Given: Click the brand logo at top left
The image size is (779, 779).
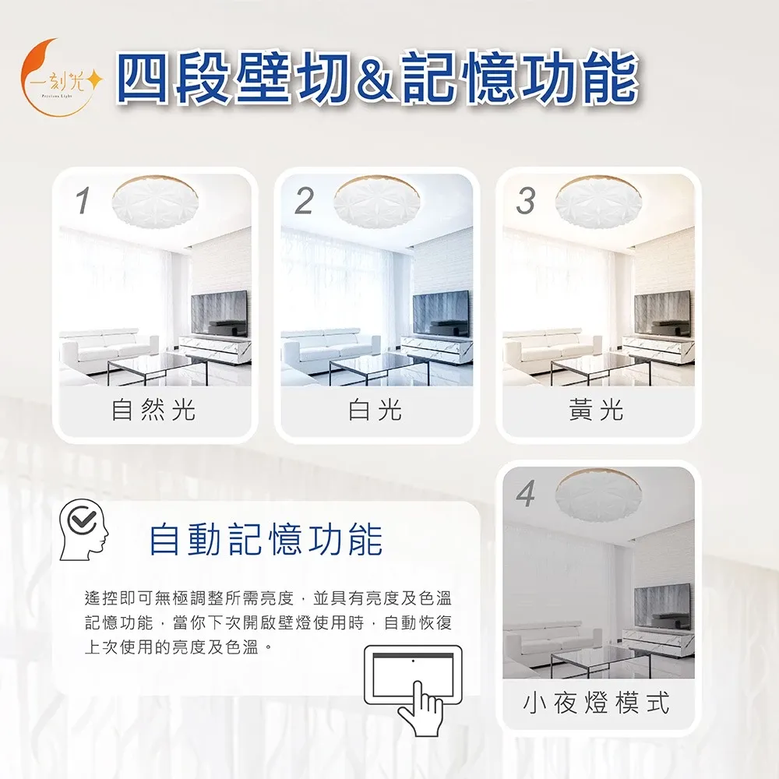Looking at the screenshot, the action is pyautogui.click(x=61, y=78).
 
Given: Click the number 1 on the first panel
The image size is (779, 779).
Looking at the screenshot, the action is pyautogui.click(x=83, y=200).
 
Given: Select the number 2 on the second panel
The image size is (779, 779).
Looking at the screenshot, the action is pyautogui.click(x=304, y=201).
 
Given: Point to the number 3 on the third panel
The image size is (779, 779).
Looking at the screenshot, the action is pyautogui.click(x=526, y=201).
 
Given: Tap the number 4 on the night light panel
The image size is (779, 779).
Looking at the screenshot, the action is pyautogui.click(x=526, y=494).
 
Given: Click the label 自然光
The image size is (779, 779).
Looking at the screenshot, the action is pyautogui.click(x=153, y=410).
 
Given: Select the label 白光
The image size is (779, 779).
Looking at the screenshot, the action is pyautogui.click(x=375, y=410).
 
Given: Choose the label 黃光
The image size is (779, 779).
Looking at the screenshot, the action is pyautogui.click(x=596, y=410).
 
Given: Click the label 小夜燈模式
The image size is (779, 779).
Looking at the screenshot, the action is pyautogui.click(x=596, y=703).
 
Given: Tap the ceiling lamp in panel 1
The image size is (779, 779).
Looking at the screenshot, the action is pyautogui.click(x=155, y=202).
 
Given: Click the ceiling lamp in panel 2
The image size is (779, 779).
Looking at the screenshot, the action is pyautogui.click(x=377, y=202).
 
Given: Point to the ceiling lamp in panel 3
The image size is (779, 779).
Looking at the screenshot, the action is pyautogui.click(x=598, y=202).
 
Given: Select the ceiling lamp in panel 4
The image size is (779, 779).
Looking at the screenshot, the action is pyautogui.click(x=598, y=495).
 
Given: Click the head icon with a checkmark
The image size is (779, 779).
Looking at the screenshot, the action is pyautogui.click(x=83, y=530).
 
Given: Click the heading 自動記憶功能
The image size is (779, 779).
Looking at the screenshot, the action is pyautogui.click(x=266, y=540).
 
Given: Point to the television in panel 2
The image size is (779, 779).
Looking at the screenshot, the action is pyautogui.click(x=441, y=313).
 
